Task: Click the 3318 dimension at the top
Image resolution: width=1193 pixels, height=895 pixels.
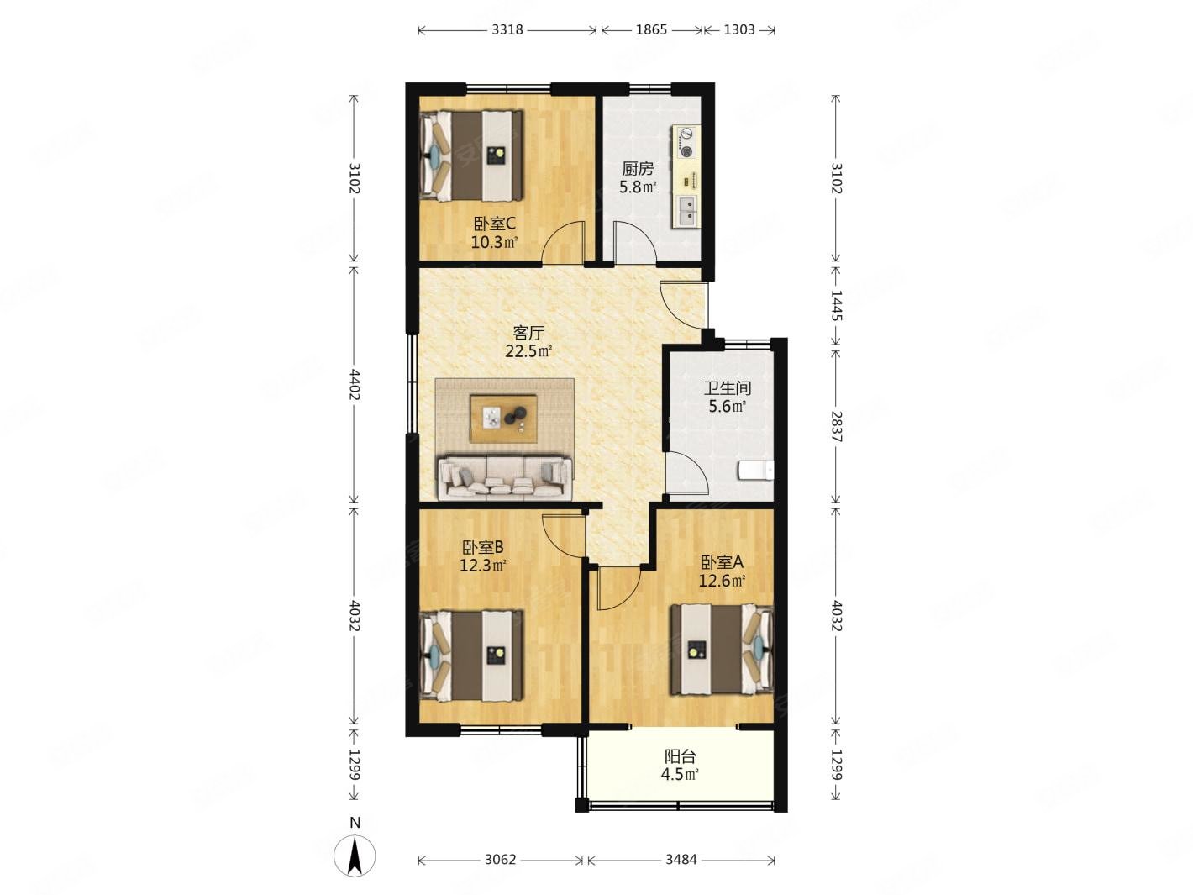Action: [x=507, y=30]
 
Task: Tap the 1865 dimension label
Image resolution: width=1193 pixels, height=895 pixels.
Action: [x=651, y=30]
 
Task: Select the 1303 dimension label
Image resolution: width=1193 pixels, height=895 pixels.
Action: [x=739, y=30]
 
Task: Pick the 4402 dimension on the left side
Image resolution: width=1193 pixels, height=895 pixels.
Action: [x=354, y=385]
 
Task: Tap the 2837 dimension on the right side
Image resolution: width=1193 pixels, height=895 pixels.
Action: [x=836, y=427]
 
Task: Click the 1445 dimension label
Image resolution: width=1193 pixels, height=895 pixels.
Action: [x=836, y=305]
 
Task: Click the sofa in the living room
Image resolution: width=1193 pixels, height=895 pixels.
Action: [x=505, y=479]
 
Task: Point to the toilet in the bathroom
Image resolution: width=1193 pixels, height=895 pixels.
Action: [x=756, y=471]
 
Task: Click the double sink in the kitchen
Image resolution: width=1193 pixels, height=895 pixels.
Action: [x=687, y=211]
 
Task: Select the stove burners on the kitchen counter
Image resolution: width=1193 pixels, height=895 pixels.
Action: [x=687, y=143]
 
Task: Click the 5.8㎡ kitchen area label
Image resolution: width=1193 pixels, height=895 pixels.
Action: [x=638, y=187]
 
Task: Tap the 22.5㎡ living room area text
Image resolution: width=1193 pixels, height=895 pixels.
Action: [x=528, y=351]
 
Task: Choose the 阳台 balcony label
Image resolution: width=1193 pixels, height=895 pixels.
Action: [x=681, y=755]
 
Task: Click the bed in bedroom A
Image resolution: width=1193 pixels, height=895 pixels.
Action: [x=723, y=650]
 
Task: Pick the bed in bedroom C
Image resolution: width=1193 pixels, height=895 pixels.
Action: [x=472, y=156]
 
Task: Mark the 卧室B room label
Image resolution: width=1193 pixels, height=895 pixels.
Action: [x=483, y=547]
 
